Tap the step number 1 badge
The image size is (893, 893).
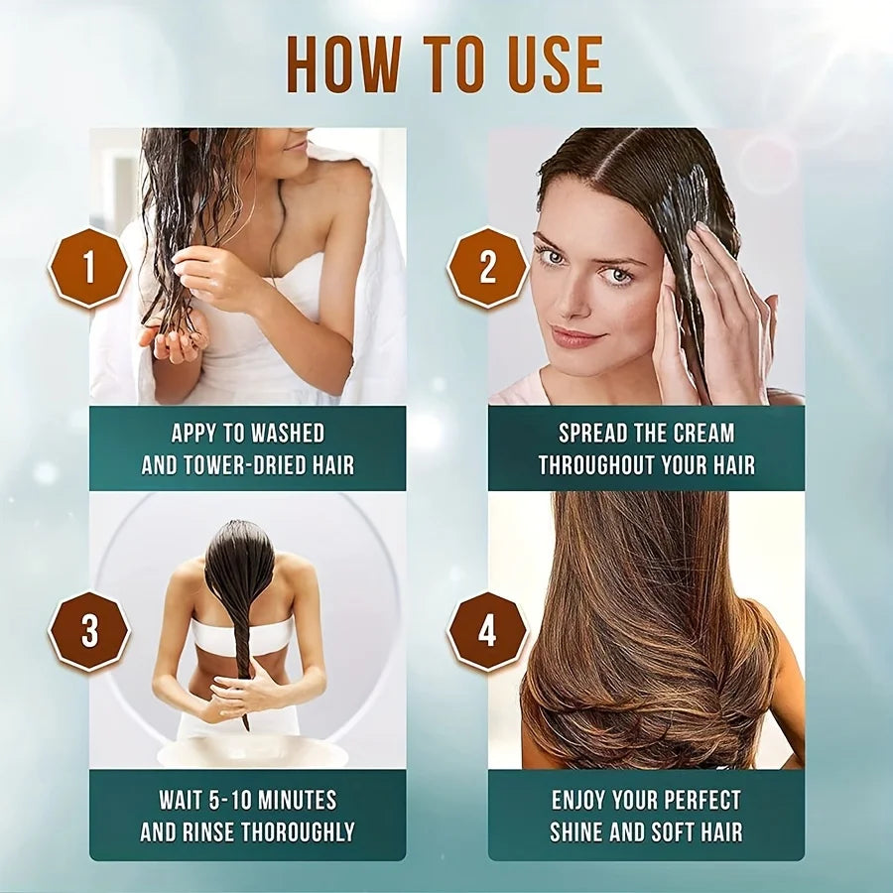coord(89,267)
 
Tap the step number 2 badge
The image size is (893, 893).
coord(487,267)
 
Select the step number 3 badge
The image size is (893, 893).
coord(89,631)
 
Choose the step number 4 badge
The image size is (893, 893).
coord(487,631)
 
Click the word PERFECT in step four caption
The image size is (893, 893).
coord(702,800)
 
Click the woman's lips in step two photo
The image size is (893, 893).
coord(578,337)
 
